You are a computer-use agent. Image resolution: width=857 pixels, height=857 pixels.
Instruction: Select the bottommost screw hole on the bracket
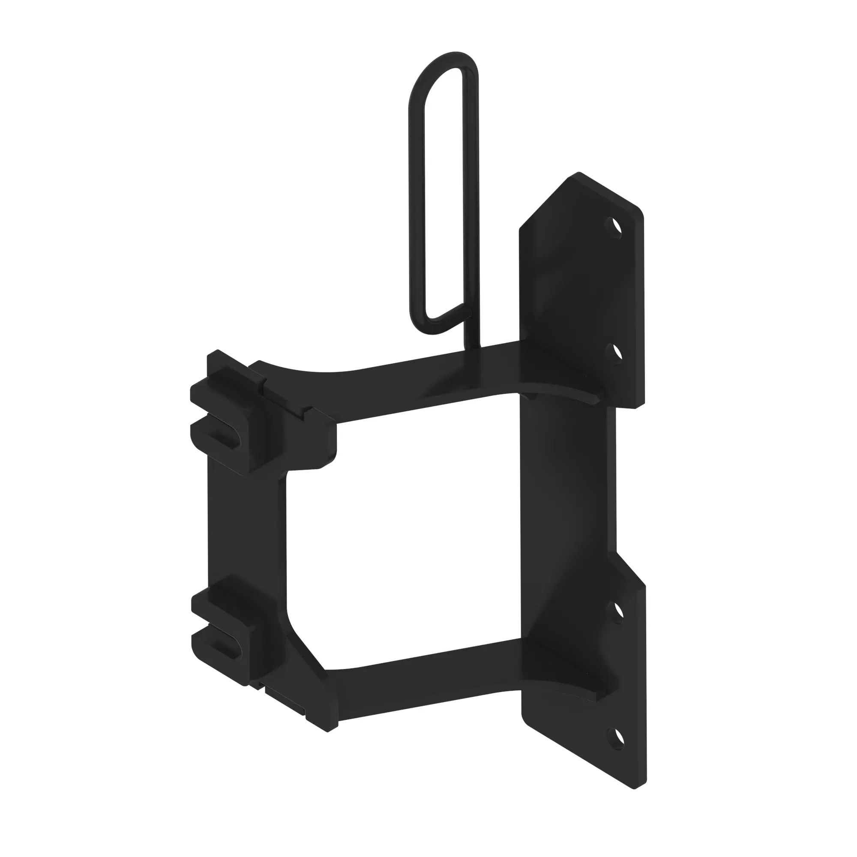(x=616, y=738)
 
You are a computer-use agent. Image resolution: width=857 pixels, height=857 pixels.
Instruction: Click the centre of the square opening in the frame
(x=404, y=532)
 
